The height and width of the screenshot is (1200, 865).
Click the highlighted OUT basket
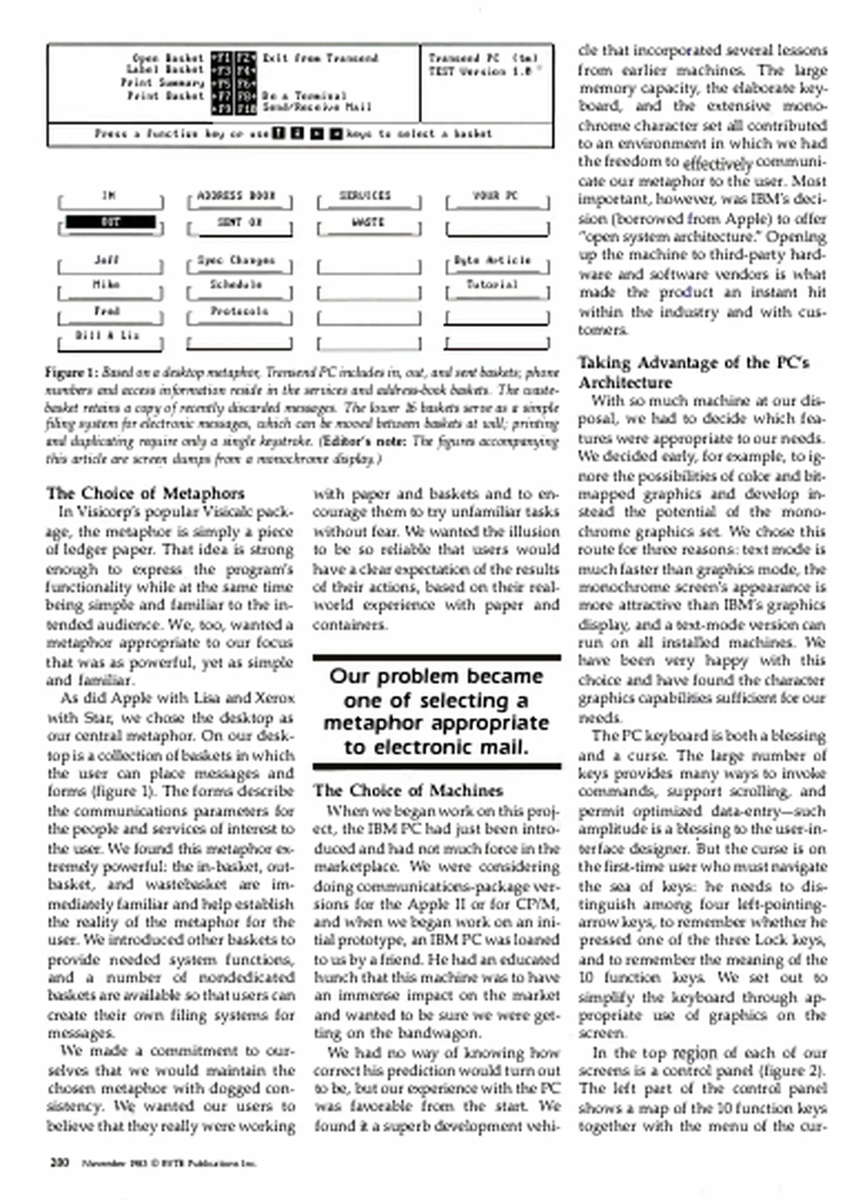point(111,223)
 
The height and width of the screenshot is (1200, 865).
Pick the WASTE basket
point(368,222)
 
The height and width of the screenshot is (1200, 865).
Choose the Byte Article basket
point(493,260)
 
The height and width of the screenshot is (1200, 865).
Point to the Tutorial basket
point(492,285)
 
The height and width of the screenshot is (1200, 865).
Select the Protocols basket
point(239,311)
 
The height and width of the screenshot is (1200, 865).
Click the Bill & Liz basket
point(107,336)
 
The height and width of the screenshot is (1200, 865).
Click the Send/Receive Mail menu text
point(317,107)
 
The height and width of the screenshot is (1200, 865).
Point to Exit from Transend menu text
point(321,58)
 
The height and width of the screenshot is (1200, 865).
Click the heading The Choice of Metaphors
point(146,493)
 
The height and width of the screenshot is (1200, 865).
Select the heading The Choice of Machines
point(408,791)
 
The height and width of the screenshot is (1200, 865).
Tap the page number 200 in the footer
point(59,1162)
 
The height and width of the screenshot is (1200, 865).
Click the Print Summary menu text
point(163,83)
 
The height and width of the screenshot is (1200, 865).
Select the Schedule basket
point(236,285)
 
